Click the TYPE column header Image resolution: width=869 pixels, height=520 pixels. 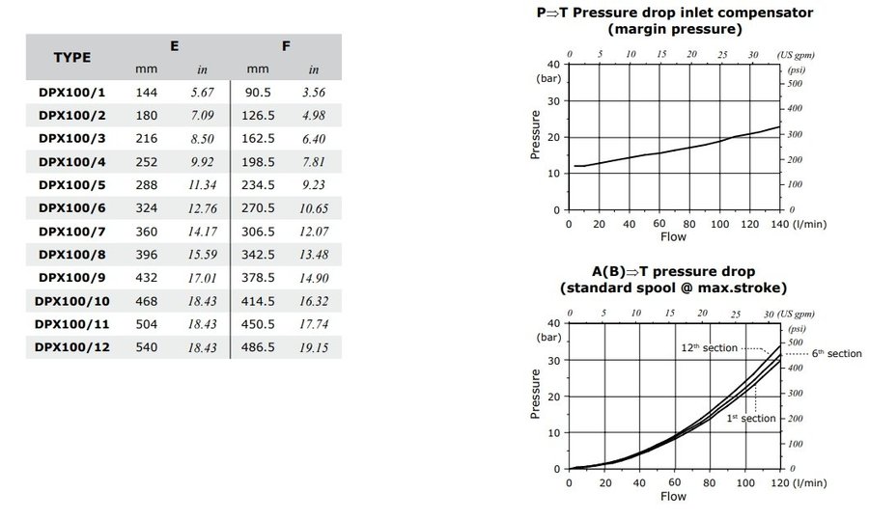[x=71, y=57]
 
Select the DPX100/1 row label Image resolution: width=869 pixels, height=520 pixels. [x=71, y=92]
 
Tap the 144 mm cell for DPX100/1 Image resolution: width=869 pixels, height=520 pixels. [x=147, y=92]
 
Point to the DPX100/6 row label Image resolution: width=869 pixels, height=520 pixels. [x=71, y=207]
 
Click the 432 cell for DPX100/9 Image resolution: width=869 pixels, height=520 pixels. [x=147, y=277]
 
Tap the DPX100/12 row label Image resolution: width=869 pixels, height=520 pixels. [x=71, y=346]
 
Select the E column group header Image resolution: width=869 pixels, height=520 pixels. [x=174, y=45]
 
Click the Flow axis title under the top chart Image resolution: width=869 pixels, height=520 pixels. [x=673, y=235]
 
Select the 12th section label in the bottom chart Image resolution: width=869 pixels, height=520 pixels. [x=709, y=347]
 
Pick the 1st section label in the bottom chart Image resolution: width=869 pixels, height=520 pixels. [x=751, y=418]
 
